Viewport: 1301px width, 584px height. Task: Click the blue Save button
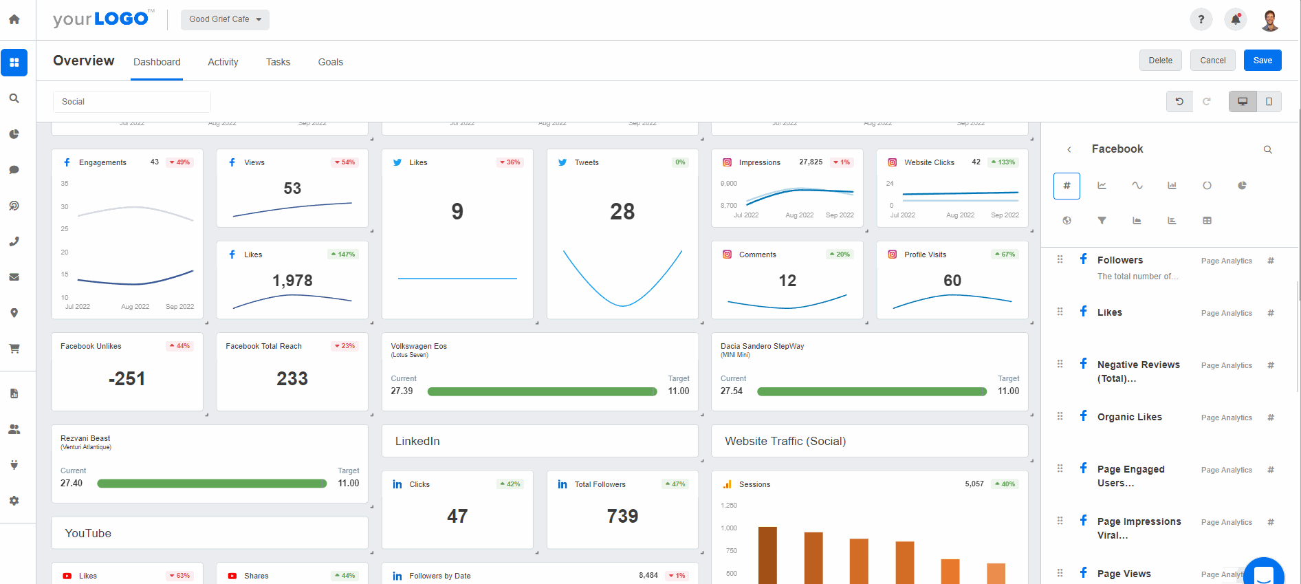[x=1262, y=61]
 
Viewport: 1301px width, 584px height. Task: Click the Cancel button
[x=1212, y=61]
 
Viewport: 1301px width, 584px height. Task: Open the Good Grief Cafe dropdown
[x=225, y=19]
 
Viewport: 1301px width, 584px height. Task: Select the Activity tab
[x=223, y=62]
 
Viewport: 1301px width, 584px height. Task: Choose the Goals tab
[x=330, y=62]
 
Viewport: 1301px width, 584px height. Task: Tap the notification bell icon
[x=1235, y=19]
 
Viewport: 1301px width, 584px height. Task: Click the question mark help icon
[x=1201, y=19]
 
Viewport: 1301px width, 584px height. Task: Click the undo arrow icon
[x=1179, y=102]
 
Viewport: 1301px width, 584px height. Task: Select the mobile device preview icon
[x=1269, y=102]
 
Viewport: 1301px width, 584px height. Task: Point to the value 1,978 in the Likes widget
[x=292, y=281]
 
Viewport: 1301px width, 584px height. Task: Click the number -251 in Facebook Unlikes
[x=127, y=379]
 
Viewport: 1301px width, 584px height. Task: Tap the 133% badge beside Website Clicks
[x=1003, y=162]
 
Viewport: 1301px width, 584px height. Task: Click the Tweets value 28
[x=622, y=212]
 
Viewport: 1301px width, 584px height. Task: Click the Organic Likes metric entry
[x=1129, y=417]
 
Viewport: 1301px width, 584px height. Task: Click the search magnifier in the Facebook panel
[x=1267, y=149]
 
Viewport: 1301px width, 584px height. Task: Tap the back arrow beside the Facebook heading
[x=1069, y=149]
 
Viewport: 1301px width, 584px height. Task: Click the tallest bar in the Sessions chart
[x=767, y=554]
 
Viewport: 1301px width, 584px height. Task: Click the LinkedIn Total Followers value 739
[x=622, y=517]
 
